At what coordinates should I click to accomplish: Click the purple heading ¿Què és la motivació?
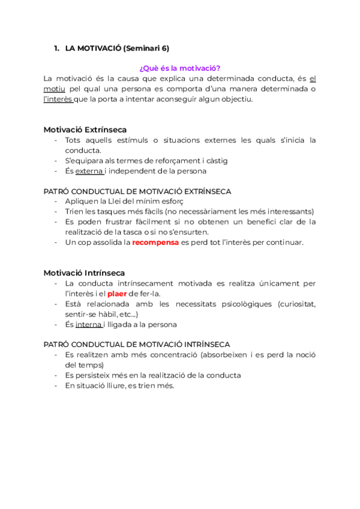(x=179, y=68)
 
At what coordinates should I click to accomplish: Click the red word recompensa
(x=155, y=242)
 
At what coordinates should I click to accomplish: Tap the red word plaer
(x=118, y=294)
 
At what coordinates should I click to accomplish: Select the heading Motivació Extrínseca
(x=85, y=130)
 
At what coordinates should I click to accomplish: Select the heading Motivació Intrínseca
(x=84, y=273)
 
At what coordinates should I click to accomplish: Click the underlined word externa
(x=89, y=171)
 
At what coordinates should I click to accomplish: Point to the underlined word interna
(x=89, y=325)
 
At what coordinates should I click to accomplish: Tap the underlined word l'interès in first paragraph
(x=58, y=99)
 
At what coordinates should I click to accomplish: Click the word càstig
(x=215, y=161)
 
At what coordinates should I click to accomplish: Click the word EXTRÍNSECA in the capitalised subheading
(x=202, y=191)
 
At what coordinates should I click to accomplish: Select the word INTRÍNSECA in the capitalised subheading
(x=201, y=345)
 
